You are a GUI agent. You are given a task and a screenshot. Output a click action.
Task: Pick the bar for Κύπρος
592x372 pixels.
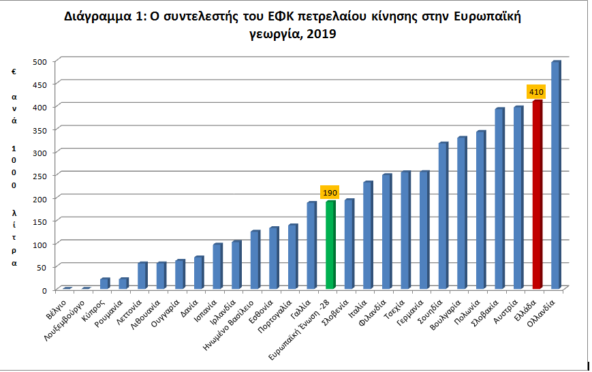click(105, 283)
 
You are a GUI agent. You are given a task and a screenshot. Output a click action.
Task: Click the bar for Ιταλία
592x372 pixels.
click(368, 235)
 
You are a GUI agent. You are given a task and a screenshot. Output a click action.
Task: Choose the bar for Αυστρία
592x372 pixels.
click(518, 197)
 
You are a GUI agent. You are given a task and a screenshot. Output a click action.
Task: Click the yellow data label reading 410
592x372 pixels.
click(537, 91)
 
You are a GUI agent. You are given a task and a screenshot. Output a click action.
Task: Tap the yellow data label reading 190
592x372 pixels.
click(330, 193)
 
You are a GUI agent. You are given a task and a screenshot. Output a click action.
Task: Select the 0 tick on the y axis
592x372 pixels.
click(44, 290)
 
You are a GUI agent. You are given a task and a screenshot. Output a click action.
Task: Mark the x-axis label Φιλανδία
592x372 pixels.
click(377, 310)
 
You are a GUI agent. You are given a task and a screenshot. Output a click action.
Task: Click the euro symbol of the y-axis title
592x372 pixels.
click(14, 71)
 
